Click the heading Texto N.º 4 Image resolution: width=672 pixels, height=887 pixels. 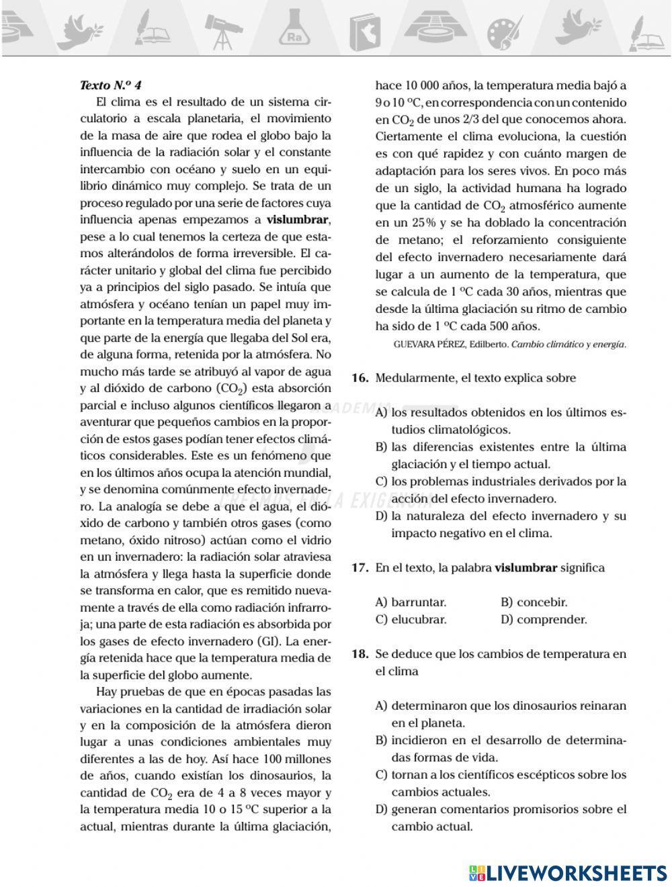111,85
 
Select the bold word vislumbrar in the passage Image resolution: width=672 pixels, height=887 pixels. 298,220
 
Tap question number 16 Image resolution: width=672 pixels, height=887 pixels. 360,378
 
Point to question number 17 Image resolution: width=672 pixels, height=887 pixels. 360,568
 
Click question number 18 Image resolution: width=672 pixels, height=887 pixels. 360,654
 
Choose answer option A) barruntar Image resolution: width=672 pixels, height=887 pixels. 411,602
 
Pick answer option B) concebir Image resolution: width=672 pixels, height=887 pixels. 534,602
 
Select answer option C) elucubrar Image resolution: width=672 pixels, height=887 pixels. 411,620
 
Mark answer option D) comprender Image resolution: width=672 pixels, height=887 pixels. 544,620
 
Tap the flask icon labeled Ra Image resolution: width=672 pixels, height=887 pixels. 294,31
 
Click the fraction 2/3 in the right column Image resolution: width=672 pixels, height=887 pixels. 470,120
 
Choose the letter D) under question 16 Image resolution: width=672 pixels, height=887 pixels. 382,516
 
